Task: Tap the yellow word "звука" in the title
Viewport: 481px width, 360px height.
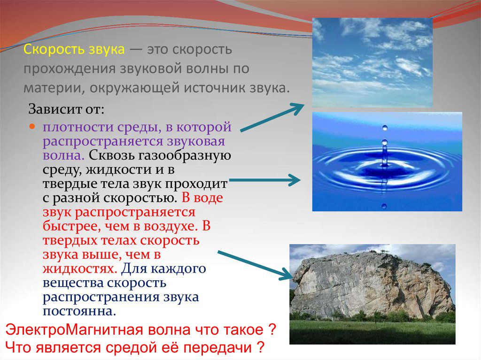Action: pyautogui.click(x=107, y=50)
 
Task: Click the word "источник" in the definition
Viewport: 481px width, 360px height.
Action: pyautogui.click(x=220, y=88)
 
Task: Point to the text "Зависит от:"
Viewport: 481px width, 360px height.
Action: pyautogui.click(x=66, y=109)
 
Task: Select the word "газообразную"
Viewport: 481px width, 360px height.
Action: pyautogui.click(x=185, y=156)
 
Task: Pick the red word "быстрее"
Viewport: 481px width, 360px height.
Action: pyautogui.click(x=71, y=227)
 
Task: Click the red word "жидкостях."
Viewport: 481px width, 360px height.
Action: pyautogui.click(x=80, y=269)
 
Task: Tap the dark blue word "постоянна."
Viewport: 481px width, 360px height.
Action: pyautogui.click(x=79, y=311)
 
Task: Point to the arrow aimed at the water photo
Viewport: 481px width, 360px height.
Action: pyautogui.click(x=265, y=180)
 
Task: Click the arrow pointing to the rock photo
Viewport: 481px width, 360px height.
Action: pyautogui.click(x=255, y=265)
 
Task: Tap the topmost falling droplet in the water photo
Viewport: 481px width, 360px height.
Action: pyautogui.click(x=385, y=128)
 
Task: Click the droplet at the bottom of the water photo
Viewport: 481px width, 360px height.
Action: pyautogui.click(x=384, y=207)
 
